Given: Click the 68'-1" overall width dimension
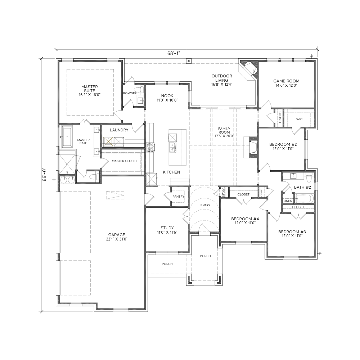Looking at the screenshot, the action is pyautogui.click(x=174, y=53).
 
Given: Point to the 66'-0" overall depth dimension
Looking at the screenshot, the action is pyautogui.click(x=44, y=175).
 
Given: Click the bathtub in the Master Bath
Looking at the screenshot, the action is pyautogui.click(x=67, y=136).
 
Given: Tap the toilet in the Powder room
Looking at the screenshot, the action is pyautogui.click(x=139, y=89).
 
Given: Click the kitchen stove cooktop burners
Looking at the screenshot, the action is pyautogui.click(x=150, y=147).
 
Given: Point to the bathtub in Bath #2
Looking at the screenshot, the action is pyautogui.click(x=303, y=199).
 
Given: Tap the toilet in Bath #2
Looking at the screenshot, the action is pyautogui.click(x=309, y=177).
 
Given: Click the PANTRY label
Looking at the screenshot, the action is pyautogui.click(x=179, y=197).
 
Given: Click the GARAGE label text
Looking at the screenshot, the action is pyautogui.click(x=117, y=235).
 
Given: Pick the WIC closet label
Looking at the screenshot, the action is pyautogui.click(x=299, y=119).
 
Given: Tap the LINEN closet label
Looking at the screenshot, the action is pyautogui.click(x=288, y=201).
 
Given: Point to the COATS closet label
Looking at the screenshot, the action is pyautogui.click(x=222, y=192).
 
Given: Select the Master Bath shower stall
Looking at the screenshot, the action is pyautogui.click(x=67, y=164).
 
